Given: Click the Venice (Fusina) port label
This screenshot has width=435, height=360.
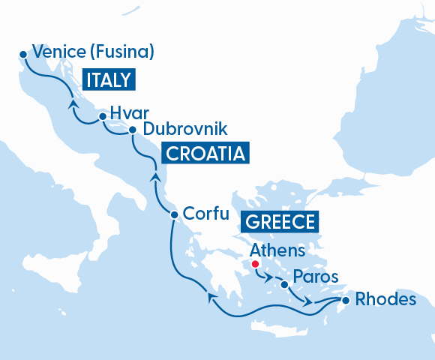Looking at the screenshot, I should [x=94, y=52].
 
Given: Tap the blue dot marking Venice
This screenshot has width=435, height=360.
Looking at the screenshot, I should [x=23, y=54].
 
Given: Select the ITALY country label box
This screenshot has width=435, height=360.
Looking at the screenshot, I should [x=108, y=80].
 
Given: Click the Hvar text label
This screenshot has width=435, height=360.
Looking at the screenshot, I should [x=125, y=112].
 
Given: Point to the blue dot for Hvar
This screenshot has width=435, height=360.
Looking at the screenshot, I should [x=103, y=116].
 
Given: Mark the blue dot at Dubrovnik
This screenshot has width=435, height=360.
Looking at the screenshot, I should [x=132, y=130].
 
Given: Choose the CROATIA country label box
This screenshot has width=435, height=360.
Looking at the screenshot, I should [x=205, y=154].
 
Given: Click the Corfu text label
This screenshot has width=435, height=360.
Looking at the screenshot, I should [x=205, y=213].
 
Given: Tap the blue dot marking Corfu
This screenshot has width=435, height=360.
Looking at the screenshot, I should [x=174, y=215].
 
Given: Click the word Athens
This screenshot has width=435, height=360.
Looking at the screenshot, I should [x=277, y=250].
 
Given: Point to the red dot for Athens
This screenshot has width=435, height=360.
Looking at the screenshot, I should [x=255, y=264].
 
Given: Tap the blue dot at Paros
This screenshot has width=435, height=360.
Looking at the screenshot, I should [x=283, y=284].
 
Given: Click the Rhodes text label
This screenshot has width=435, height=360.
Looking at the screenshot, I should [x=385, y=299].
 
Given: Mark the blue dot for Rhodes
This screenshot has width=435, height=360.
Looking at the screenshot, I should [x=345, y=301].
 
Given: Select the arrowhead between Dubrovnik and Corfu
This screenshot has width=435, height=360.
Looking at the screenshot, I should [x=155, y=177].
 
